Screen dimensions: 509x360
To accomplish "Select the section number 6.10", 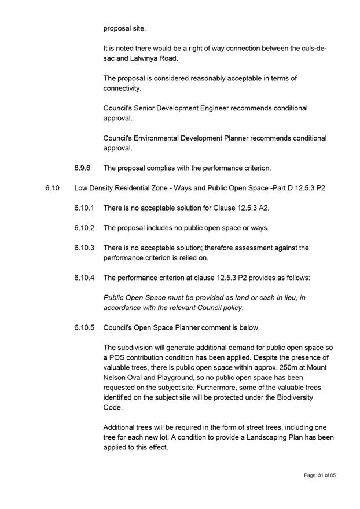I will [52, 189].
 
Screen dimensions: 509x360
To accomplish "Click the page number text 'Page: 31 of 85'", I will [320, 475].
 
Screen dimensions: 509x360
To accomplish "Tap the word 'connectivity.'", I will [122, 88].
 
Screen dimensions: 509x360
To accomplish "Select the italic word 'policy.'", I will [230, 308].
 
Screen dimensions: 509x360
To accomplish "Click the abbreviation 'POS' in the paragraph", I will [118, 357].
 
